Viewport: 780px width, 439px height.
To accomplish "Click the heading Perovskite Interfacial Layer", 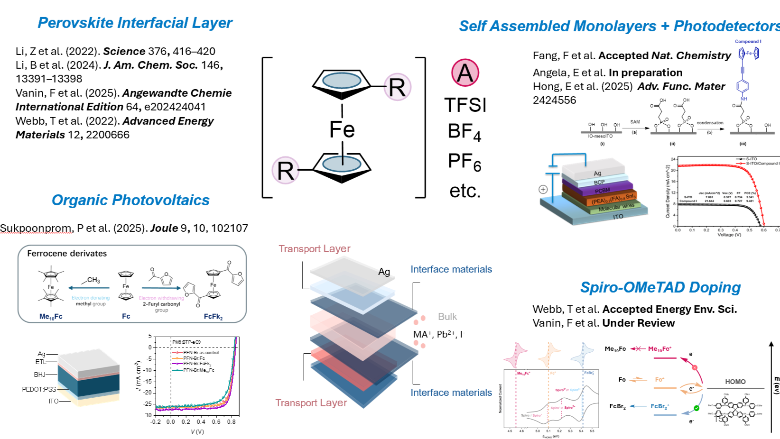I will point(135,23).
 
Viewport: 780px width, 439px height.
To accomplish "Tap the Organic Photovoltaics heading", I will point(130,200).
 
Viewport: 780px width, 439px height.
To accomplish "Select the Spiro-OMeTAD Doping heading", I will point(660,287).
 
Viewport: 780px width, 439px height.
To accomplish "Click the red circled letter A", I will point(465,73).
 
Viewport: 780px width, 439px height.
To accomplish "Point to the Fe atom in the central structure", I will point(342,129).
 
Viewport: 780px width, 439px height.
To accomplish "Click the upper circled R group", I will point(397,87).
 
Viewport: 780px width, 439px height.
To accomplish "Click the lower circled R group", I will point(285,171).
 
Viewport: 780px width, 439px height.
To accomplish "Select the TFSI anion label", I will point(465,105).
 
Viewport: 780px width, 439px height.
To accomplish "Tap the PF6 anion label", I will point(464,162).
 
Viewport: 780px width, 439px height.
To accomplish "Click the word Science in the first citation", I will point(124,51).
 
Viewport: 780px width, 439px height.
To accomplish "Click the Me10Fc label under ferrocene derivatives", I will point(51,316).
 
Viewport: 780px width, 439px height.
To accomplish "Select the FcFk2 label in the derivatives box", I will point(213,316).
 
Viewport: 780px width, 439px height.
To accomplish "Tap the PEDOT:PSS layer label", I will point(39,389).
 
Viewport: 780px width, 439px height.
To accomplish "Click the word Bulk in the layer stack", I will point(447,317).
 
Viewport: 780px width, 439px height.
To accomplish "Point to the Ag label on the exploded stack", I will point(384,272).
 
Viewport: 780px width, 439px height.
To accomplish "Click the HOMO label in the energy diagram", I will point(735,382).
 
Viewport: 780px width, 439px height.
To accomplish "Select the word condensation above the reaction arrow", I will point(710,123).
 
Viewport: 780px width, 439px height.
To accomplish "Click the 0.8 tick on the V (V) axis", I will point(231,421).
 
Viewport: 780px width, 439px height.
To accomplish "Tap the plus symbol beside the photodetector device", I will point(543,190).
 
